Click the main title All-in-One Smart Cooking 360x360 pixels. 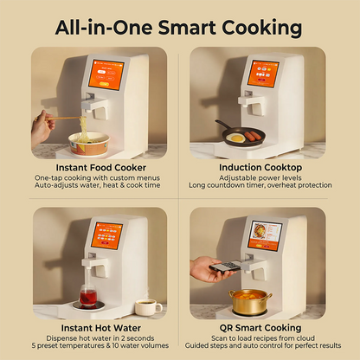(179, 26)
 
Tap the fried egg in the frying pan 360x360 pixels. (235, 137)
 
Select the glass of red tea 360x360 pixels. (88, 296)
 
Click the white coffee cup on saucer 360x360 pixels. (146, 306)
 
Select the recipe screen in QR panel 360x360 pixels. (265, 234)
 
